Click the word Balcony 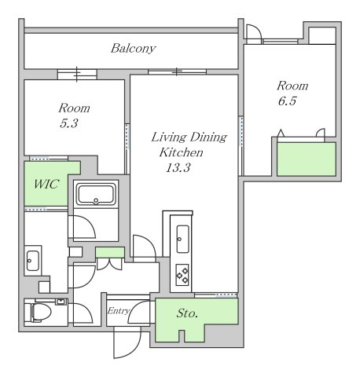pos(133,49)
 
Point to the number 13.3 pos(178,167)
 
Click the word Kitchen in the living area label pos(182,152)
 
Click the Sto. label pos(187,313)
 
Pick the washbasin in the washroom pos(32,259)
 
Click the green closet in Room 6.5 pos(307,159)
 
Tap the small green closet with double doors pos(110,252)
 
